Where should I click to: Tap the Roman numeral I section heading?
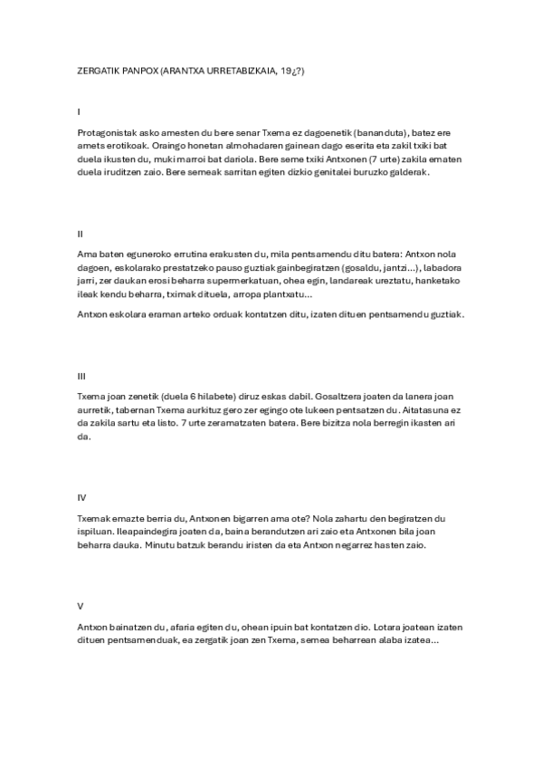coord(79,112)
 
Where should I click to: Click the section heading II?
coord(80,234)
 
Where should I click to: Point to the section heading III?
coord(81,375)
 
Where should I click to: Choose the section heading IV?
coord(81,496)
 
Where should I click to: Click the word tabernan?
coord(128,409)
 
